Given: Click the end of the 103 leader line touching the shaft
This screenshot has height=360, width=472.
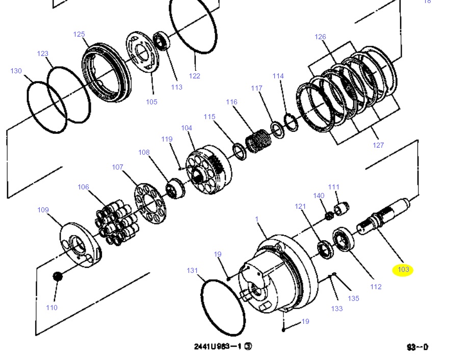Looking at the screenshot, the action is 377,229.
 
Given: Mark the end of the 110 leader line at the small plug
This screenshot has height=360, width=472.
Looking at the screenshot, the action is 57,280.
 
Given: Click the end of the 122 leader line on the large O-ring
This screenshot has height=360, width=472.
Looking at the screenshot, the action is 195,54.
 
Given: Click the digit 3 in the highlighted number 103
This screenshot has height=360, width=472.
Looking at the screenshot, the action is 407,269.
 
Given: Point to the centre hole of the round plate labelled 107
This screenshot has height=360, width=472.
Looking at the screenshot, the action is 150,203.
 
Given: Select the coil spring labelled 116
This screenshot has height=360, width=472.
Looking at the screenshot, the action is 258,141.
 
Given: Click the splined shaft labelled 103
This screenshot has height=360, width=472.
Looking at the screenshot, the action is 383,216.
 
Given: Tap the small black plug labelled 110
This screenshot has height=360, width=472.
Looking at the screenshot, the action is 57,276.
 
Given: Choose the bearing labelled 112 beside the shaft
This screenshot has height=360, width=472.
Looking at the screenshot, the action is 344,239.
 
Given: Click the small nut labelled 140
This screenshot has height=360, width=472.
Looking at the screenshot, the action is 330,215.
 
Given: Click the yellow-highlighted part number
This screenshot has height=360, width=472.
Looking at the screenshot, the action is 403,269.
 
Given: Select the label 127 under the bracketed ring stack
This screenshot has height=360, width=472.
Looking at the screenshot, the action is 378,145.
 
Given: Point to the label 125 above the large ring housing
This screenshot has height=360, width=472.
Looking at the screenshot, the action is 79,34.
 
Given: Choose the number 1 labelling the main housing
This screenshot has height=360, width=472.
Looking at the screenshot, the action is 256,219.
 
